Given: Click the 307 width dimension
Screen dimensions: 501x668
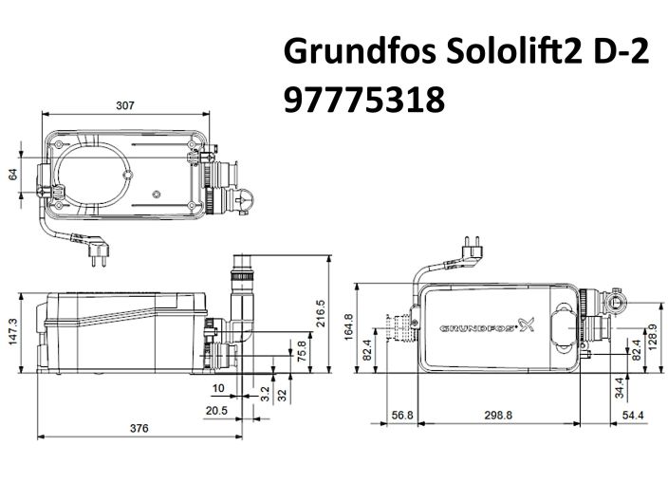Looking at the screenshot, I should [x=124, y=105].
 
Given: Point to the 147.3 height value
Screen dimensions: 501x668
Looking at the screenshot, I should [x=11, y=333].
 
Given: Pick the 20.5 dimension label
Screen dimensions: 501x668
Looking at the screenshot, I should [x=216, y=410].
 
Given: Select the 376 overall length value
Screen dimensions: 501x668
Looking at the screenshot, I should [x=139, y=429].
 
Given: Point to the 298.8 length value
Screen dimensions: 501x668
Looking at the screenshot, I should [x=497, y=416].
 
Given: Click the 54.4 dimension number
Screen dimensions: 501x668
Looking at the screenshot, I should [x=631, y=416].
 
